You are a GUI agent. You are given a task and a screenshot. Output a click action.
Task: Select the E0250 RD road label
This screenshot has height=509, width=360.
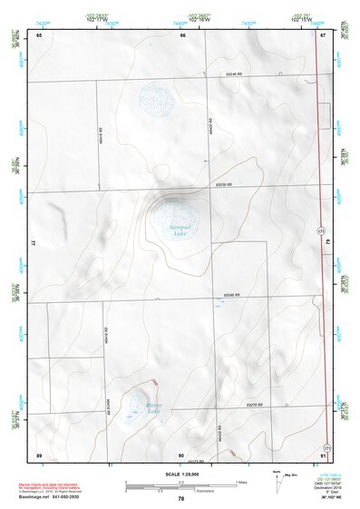coord(224,186)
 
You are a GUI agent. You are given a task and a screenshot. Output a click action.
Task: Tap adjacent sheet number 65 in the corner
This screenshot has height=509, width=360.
coord(39,34)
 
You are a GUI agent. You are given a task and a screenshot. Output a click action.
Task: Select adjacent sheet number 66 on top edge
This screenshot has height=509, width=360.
coord(182,34)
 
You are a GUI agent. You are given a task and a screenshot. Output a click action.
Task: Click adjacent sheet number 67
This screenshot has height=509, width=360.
coord(323,34)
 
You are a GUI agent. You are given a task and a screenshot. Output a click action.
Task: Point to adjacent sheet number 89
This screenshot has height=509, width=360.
coord(39,453)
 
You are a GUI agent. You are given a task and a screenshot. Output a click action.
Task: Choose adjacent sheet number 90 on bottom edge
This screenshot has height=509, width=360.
coord(182,454)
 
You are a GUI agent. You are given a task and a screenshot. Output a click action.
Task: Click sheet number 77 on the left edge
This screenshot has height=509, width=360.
coord(34,243)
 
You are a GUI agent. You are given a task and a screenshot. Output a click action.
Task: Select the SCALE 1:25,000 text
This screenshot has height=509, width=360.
coord(180,474)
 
